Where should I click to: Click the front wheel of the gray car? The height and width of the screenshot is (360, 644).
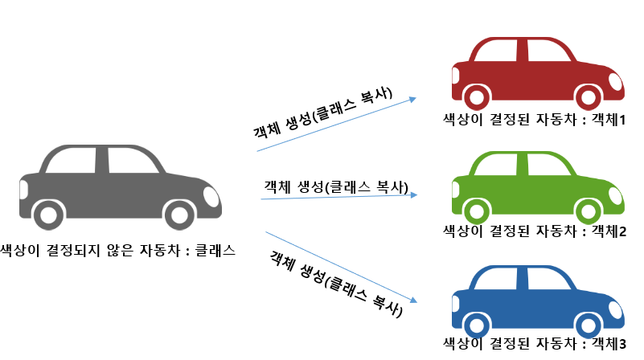click(180, 215)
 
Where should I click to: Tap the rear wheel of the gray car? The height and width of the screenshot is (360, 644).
click(50, 215)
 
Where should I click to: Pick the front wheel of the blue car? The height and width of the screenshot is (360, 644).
click(588, 324)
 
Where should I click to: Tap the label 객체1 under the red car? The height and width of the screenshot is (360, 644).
click(609, 121)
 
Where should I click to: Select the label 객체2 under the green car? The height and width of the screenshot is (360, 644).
click(609, 231)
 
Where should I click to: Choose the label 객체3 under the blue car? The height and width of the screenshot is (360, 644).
click(609, 345)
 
